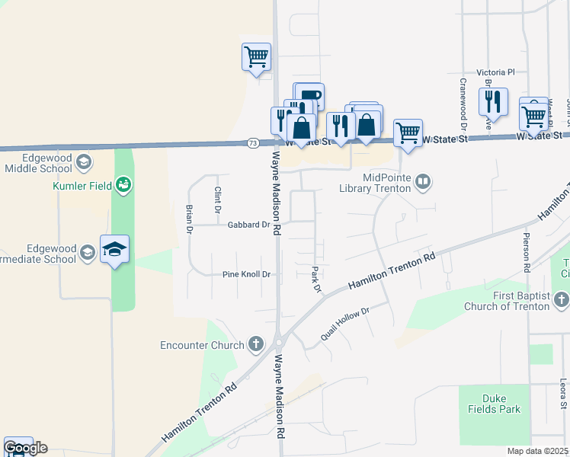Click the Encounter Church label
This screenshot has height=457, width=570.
coord(203,345)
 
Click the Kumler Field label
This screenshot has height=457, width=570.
coord(80,185)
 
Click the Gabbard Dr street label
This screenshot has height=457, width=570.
coord(249,225)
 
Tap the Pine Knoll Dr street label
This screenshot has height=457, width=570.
coord(247,274)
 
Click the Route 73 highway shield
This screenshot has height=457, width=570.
coord(253,142)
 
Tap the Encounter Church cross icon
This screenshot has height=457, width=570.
coord(258,345)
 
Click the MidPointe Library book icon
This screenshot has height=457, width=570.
coord(424,182)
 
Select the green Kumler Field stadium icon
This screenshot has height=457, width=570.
coord(123,184)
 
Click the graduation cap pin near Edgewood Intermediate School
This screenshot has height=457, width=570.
coord(114,249)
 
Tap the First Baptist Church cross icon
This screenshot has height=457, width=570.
coord(562,299)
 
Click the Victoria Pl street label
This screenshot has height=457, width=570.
coord(496,72)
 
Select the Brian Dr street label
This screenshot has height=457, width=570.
coord(189,218)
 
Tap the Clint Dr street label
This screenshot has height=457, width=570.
coord(217,200)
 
